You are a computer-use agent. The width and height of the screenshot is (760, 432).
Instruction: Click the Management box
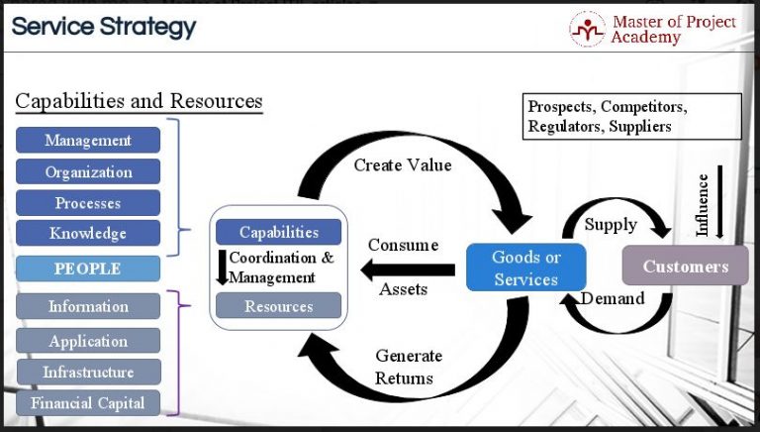pyautogui.click(x=88, y=141)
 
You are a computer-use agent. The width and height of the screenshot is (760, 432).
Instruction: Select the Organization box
pyautogui.click(x=88, y=171)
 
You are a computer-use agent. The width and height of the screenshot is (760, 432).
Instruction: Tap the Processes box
pyautogui.click(x=88, y=203)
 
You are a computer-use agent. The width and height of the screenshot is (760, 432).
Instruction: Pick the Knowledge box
pyautogui.click(x=88, y=234)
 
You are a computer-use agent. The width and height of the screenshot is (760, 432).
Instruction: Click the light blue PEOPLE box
pyautogui.click(x=88, y=269)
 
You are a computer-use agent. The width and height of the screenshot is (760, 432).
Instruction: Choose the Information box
pyautogui.click(x=88, y=306)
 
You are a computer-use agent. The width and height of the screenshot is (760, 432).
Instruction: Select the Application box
pyautogui.click(x=88, y=341)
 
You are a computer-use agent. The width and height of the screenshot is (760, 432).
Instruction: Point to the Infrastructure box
pyautogui.click(x=88, y=373)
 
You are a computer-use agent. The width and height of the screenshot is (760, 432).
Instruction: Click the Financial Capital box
pyautogui.click(x=88, y=402)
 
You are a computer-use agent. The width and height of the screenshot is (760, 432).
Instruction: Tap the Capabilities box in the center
pyautogui.click(x=278, y=233)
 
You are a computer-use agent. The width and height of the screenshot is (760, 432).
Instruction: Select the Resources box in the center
pyautogui.click(x=278, y=306)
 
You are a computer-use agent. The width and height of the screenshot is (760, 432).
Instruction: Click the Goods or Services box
pyautogui.click(x=525, y=268)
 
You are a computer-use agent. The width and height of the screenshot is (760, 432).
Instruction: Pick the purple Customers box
pyautogui.click(x=685, y=266)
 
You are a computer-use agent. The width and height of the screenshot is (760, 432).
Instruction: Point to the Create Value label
pyautogui.click(x=403, y=165)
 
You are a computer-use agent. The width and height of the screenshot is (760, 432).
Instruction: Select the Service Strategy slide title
pyautogui.click(x=104, y=27)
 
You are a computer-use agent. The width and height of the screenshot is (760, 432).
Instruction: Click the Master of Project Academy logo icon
pyautogui.click(x=587, y=29)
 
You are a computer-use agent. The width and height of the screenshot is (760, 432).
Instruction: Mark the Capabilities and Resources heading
pyautogui.click(x=139, y=101)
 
